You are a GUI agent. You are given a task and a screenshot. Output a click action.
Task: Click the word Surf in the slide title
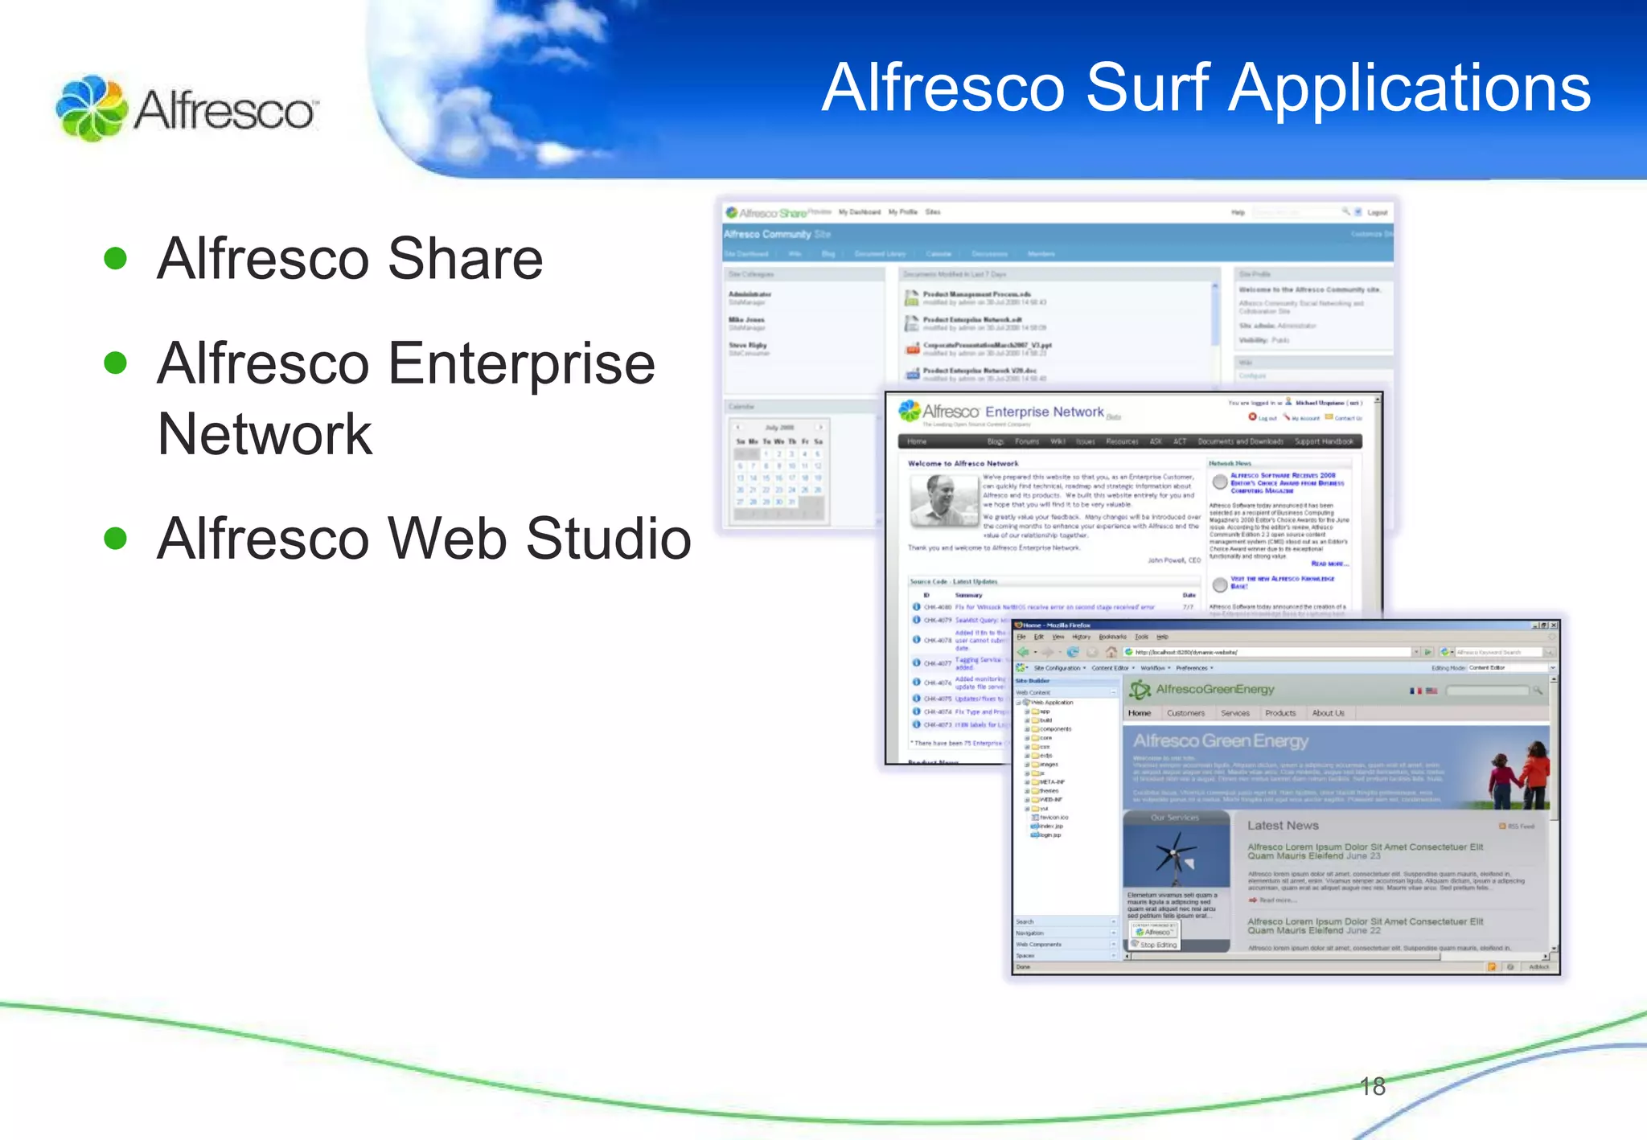1148,88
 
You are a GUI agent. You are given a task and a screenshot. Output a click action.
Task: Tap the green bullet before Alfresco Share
116,258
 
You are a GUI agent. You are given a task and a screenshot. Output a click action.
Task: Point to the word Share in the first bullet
465,259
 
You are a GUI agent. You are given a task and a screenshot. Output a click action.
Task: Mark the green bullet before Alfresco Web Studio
116,538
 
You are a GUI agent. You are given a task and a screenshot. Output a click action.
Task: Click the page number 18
1372,1086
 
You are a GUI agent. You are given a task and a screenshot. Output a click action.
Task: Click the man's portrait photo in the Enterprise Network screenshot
943,500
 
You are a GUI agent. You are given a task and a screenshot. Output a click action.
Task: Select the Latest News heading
1283,826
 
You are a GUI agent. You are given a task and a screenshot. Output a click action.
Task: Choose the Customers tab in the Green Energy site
1185,713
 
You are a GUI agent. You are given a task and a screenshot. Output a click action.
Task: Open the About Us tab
1328,713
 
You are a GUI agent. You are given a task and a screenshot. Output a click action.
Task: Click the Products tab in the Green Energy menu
1280,713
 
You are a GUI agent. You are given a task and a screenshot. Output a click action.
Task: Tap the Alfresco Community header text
767,234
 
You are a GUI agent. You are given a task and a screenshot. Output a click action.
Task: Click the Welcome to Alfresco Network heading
963,463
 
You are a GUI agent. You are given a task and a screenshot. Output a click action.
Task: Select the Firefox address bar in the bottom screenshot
1271,652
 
